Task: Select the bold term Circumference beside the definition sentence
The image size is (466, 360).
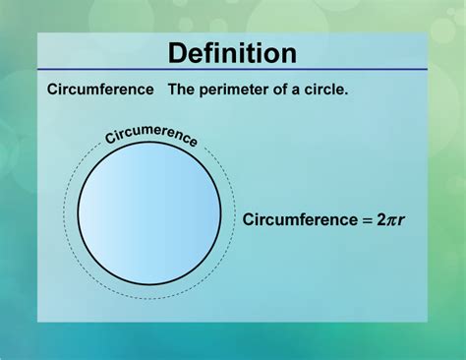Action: point(100,90)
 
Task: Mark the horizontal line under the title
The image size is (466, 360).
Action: point(232,71)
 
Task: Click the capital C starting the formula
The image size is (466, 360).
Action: point(249,219)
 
